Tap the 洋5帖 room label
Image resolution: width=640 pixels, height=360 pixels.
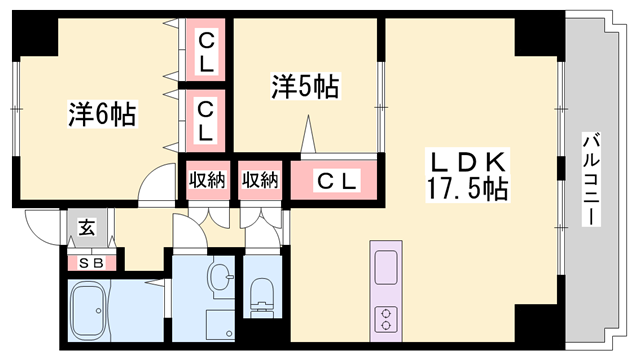tap(303, 88)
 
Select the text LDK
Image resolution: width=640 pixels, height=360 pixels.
tap(470, 161)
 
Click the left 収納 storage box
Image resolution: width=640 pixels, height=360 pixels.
tap(207, 180)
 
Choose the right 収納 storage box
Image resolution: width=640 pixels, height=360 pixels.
tap(260, 180)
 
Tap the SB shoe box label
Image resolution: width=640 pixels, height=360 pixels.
tap(92, 264)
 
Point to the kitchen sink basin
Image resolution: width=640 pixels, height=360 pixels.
tap(386, 267)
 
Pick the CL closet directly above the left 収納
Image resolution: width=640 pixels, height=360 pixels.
tap(205, 119)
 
